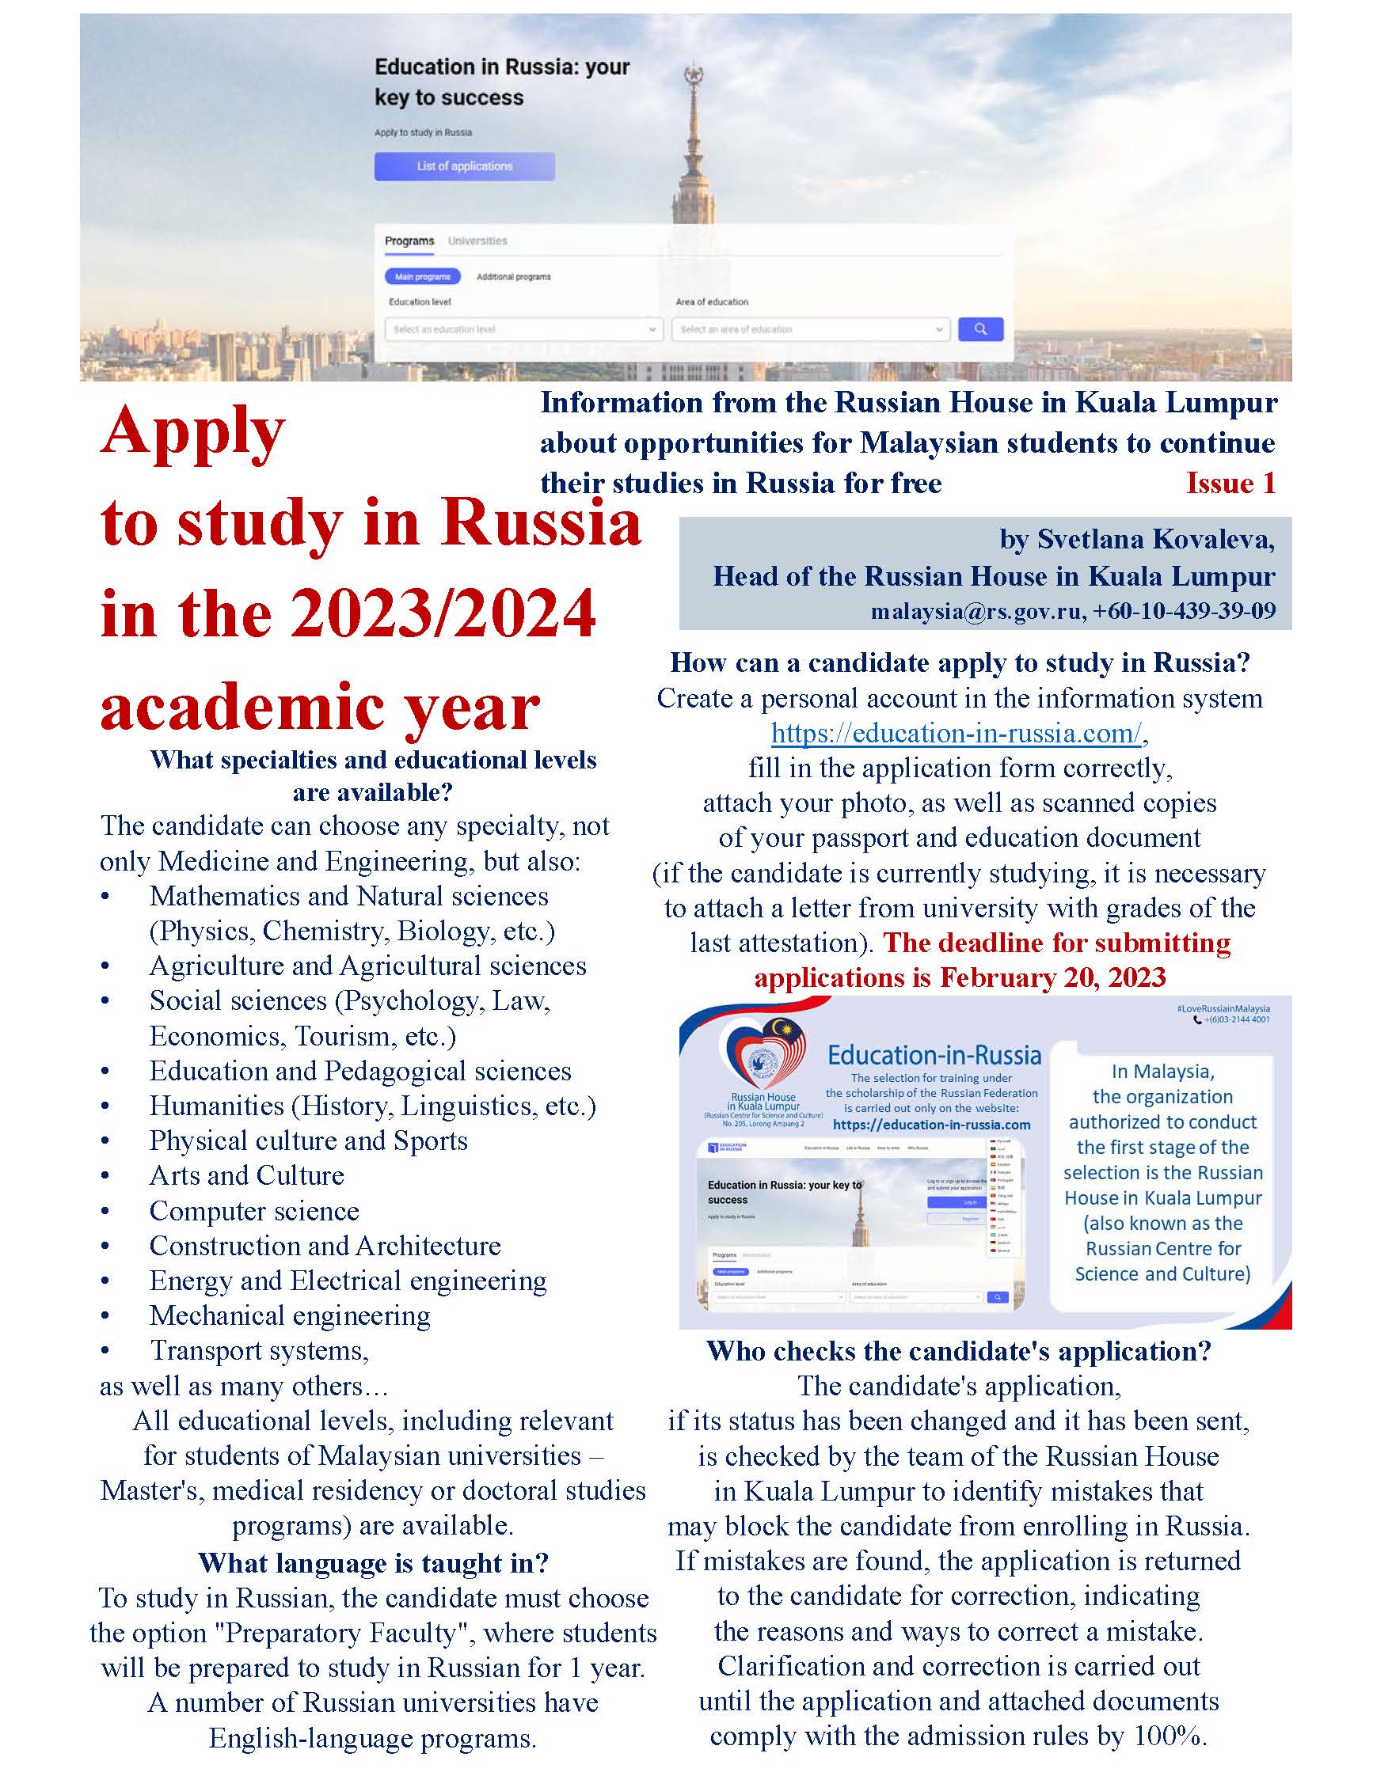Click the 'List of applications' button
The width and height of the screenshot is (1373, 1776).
465,166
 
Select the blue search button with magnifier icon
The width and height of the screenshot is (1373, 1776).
980,328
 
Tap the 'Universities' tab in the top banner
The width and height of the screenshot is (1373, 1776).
477,241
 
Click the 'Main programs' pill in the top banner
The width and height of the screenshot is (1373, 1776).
422,276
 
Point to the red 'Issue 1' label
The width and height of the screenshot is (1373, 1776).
1230,483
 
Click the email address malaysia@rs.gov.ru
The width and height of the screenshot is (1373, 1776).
976,611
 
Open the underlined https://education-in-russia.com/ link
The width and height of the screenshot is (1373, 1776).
957,733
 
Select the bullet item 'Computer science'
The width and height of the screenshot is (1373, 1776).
254,1211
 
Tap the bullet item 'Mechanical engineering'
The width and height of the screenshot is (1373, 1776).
290,1315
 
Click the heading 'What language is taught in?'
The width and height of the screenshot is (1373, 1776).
374,1562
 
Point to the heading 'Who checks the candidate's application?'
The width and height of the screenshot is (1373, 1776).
959,1351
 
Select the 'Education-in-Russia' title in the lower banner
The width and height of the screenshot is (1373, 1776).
934,1056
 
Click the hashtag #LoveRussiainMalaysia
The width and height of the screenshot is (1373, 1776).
1223,1008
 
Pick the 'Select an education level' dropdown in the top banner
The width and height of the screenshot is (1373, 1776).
523,329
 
